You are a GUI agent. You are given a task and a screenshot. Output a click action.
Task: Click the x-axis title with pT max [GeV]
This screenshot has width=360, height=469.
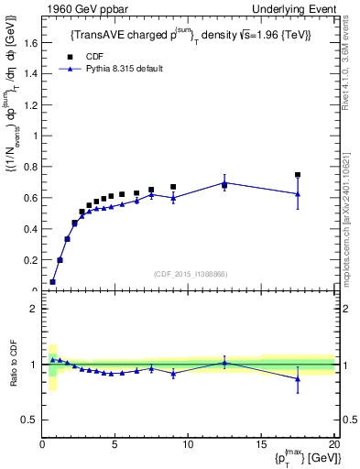(x=301, y=459)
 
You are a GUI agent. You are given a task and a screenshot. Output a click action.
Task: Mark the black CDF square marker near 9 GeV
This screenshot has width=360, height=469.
(x=173, y=187)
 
